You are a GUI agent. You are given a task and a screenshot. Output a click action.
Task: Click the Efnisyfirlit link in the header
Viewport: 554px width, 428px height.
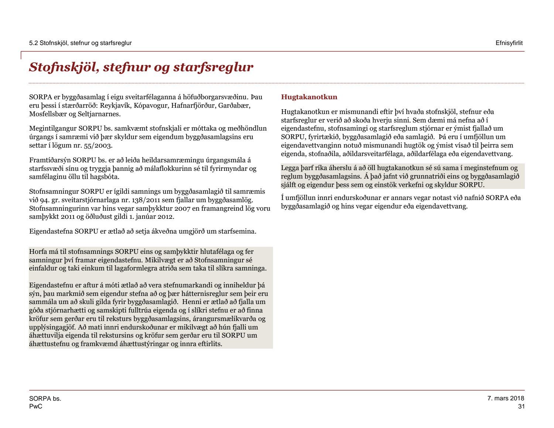click(509, 43)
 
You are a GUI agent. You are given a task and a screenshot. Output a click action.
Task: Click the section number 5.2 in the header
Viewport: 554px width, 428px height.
click(33, 43)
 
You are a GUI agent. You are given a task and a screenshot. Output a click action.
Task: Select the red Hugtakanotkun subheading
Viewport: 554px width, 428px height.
click(309, 97)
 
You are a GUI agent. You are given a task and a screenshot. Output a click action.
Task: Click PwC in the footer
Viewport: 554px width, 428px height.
click(35, 406)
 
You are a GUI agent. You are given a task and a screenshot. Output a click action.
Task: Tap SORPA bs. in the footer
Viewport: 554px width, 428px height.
click(45, 398)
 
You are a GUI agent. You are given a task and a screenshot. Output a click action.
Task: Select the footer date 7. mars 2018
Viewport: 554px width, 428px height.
click(505, 398)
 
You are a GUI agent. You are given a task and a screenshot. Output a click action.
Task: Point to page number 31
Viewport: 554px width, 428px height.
click(521, 406)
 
